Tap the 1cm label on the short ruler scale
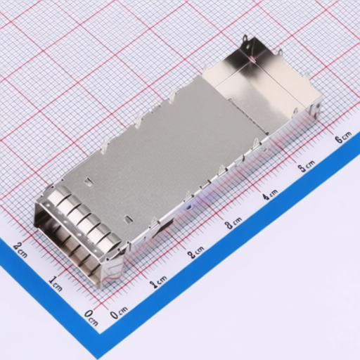point(55,283)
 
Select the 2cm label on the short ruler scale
point(20,248)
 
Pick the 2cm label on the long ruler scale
point(196,252)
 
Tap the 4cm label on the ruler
point(270,194)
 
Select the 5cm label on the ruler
point(306,166)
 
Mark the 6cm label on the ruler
point(342,137)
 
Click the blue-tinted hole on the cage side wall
point(189,207)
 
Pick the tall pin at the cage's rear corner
point(245,44)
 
